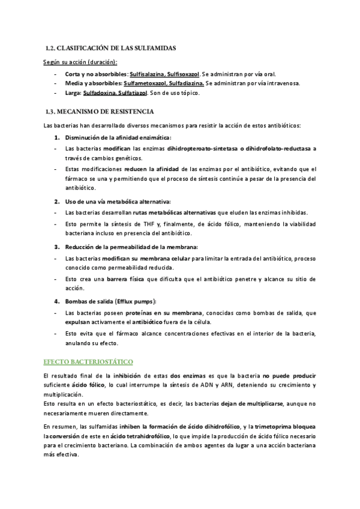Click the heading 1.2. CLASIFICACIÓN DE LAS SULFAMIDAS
click(110, 48)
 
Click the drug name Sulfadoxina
click(102, 93)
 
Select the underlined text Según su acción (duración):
click(80, 62)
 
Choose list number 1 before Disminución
click(57, 138)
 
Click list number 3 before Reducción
click(57, 247)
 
